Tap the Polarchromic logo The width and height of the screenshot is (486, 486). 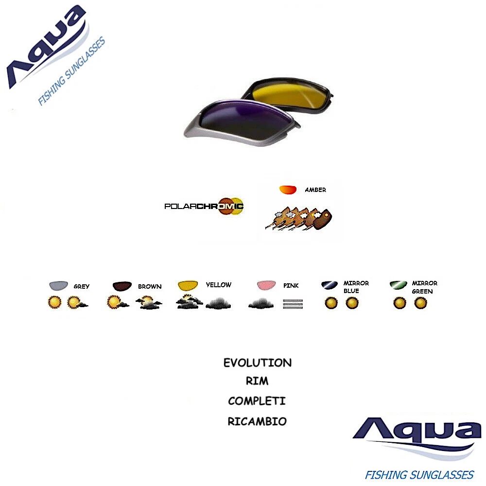(204, 206)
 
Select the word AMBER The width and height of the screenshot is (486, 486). (315, 190)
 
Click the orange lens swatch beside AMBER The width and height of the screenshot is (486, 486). (288, 190)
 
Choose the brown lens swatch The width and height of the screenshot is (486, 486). (121, 286)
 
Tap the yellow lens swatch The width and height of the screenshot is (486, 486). (188, 285)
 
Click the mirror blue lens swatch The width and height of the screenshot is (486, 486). (330, 285)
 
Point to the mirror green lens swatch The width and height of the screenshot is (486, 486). (399, 285)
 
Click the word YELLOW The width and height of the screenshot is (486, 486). (219, 285)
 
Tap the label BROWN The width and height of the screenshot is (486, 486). (150, 286)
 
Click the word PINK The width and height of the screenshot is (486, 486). (291, 286)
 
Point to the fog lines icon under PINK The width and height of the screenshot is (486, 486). (293, 304)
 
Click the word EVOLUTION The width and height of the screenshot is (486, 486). (258, 363)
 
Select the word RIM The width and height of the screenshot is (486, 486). (257, 382)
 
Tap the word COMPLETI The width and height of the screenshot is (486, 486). (257, 401)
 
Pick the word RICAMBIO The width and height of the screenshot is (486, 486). (257, 421)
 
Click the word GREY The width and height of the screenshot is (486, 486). (82, 287)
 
